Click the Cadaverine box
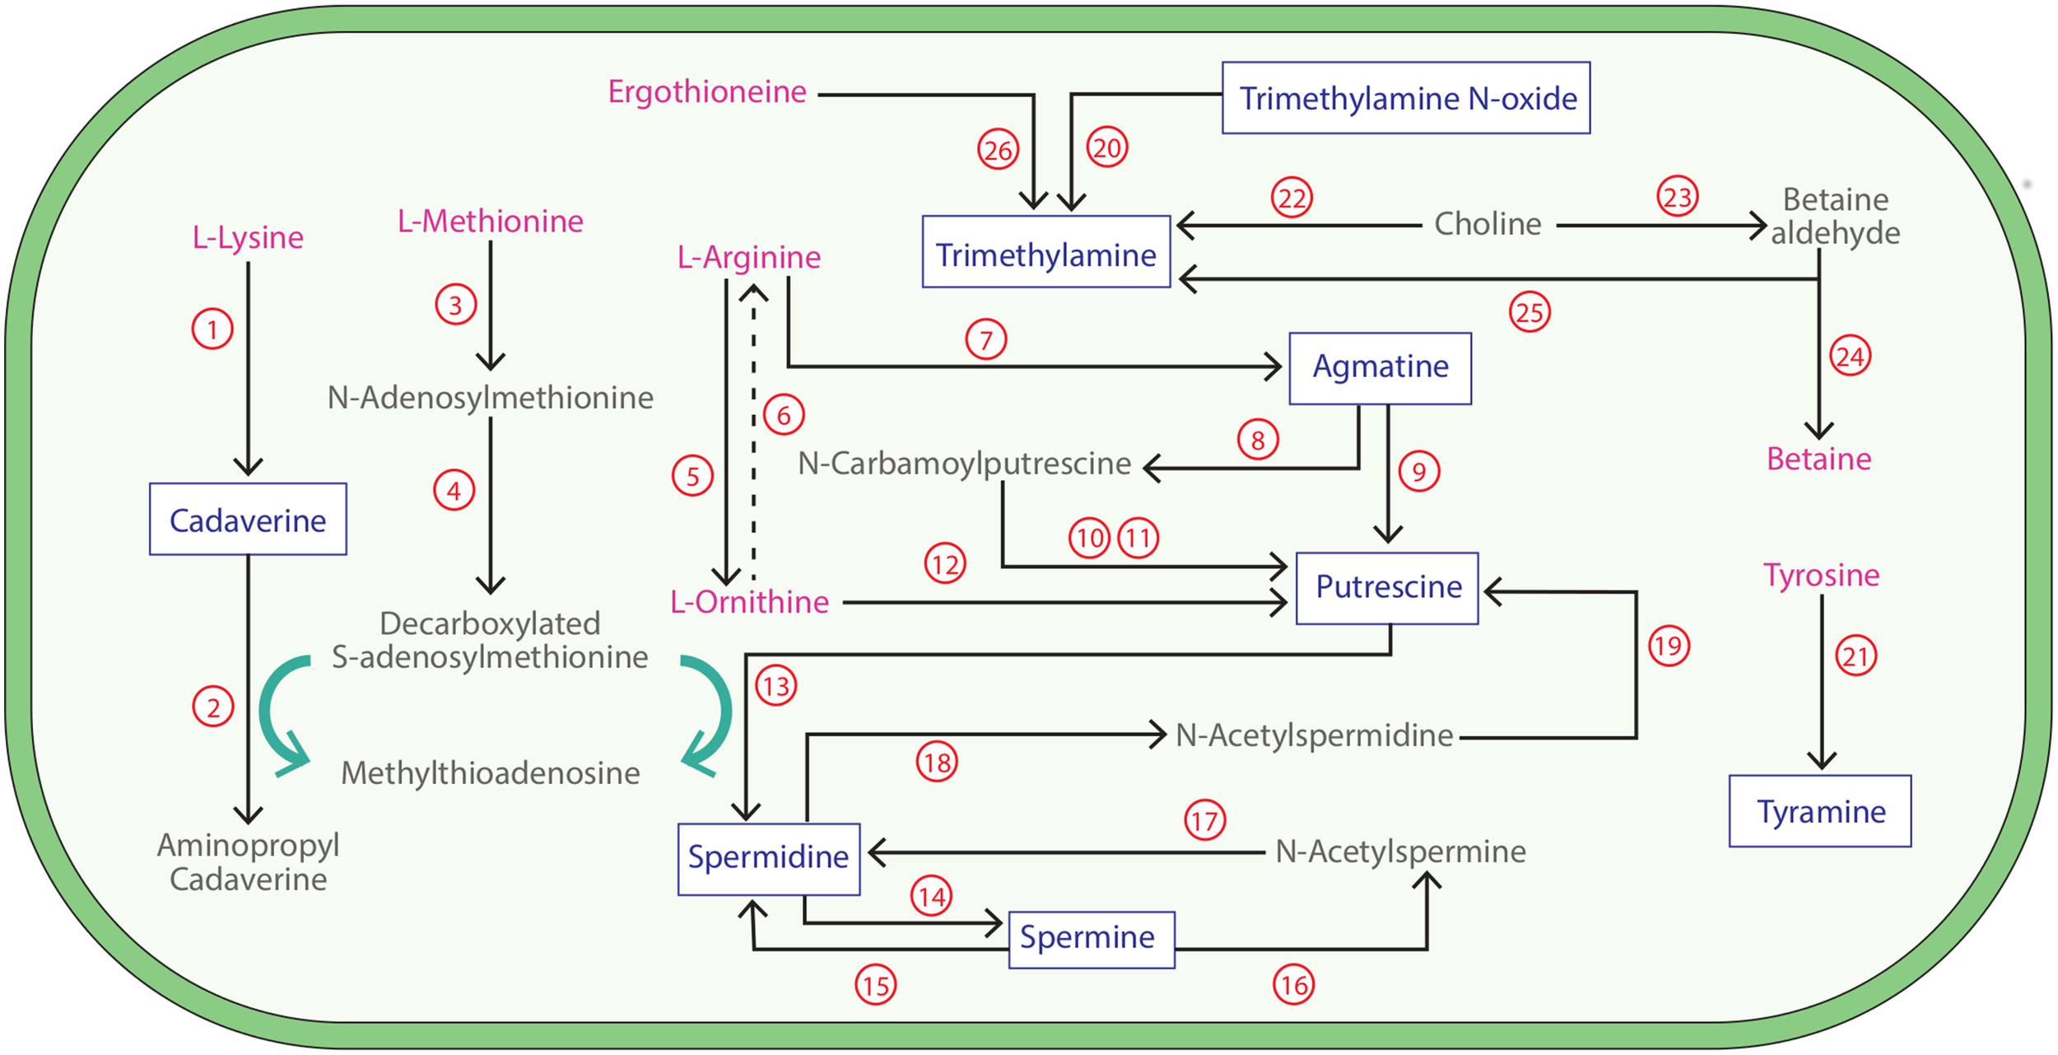click(248, 520)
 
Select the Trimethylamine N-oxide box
click(1405, 98)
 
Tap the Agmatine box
click(1380, 368)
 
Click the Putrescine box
click(1387, 588)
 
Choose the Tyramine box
click(1819, 811)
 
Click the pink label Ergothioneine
click(706, 91)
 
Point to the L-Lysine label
click(248, 237)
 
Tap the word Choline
click(1487, 224)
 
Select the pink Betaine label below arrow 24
click(1818, 459)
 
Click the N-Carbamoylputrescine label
click(964, 464)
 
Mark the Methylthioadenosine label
click(490, 773)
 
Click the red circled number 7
click(985, 339)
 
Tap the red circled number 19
click(1669, 646)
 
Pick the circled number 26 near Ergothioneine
click(998, 150)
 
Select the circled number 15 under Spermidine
click(875, 985)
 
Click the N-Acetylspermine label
click(1399, 852)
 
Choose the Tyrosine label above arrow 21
click(1821, 575)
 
